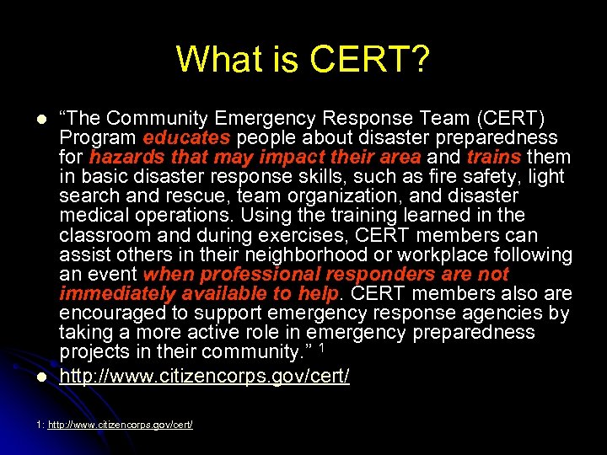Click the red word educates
click(186, 137)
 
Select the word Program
click(98, 137)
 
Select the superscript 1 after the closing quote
click(321, 346)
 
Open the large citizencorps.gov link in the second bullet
click(204, 376)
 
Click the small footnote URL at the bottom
click(121, 425)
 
